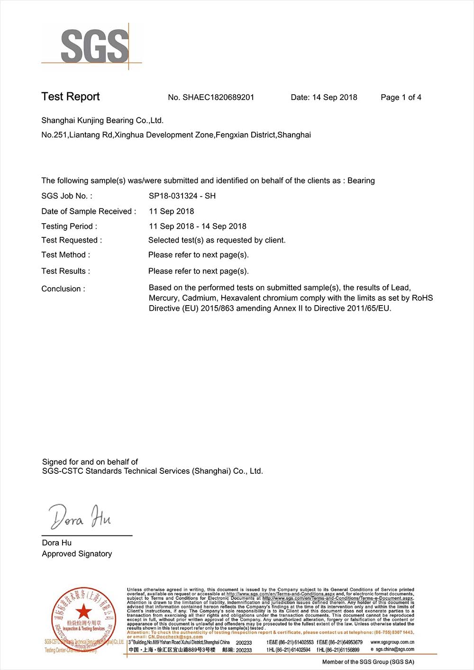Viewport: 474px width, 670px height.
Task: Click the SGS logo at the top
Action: coord(95,46)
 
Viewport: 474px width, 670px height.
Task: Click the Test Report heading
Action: coord(71,97)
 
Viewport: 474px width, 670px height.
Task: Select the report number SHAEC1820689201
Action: coord(218,97)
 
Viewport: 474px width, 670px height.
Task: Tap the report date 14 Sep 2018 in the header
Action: coord(334,97)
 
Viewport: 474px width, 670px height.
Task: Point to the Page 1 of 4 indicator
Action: coord(401,97)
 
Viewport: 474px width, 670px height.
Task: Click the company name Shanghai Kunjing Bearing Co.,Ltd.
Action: coord(102,120)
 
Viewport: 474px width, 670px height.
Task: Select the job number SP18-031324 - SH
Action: coord(182,196)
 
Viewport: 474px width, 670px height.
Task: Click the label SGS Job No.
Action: coord(67,196)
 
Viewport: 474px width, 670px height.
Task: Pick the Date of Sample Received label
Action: coord(89,211)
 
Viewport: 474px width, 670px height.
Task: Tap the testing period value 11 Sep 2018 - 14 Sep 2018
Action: coord(198,226)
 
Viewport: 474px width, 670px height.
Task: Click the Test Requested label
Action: coord(72,240)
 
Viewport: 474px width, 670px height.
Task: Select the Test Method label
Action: coord(65,255)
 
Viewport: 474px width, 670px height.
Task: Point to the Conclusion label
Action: coord(63,289)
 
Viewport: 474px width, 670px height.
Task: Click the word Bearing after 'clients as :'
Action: coord(361,181)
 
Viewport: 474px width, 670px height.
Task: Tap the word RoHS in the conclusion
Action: coord(422,298)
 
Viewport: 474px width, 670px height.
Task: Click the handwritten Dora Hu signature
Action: coord(80,517)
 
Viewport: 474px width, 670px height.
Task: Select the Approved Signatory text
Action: coord(77,553)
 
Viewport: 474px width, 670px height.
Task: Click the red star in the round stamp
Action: coord(83,612)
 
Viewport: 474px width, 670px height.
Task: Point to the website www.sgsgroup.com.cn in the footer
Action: coord(392,642)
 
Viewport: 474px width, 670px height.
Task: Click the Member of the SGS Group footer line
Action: coord(368,662)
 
